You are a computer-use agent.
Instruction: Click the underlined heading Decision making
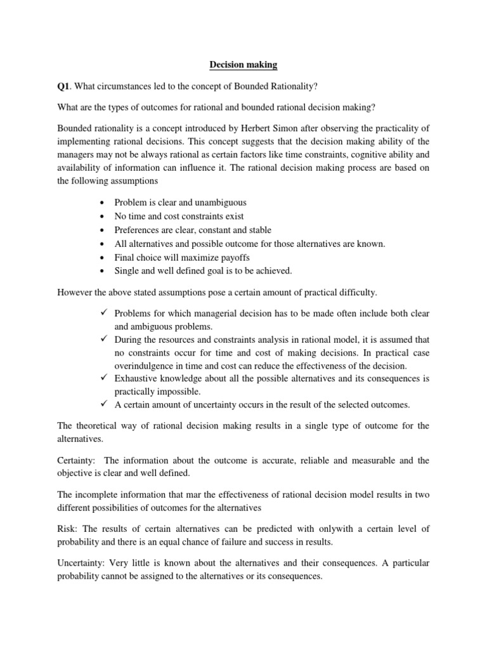tap(243, 64)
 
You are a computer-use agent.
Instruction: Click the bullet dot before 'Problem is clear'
tap(103, 203)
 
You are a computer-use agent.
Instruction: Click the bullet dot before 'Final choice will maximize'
tap(103, 258)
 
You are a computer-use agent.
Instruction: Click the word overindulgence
tap(145, 366)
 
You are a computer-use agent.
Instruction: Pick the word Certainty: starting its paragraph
tap(77, 460)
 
